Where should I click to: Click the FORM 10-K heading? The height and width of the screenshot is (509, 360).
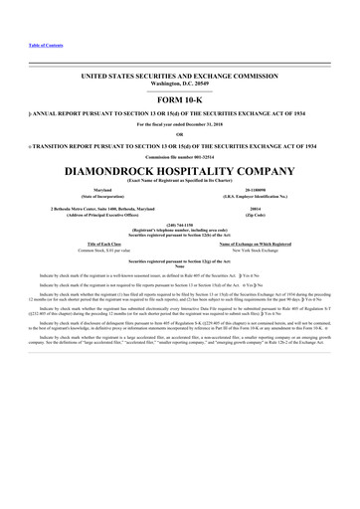coord(179,99)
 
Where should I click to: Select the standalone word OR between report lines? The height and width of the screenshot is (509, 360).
coord(179,134)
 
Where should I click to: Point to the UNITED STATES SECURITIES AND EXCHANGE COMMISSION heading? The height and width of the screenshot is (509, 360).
coord(179,76)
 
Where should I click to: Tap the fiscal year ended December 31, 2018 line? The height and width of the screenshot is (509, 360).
coord(179,124)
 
